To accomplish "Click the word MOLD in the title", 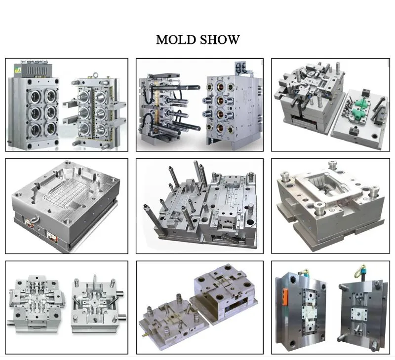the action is coord(176,40).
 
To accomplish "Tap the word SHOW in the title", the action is coord(220,40).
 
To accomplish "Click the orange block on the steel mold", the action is coord(285,297).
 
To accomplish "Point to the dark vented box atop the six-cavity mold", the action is coord(36,70).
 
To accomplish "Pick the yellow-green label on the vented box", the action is coord(17,70).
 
